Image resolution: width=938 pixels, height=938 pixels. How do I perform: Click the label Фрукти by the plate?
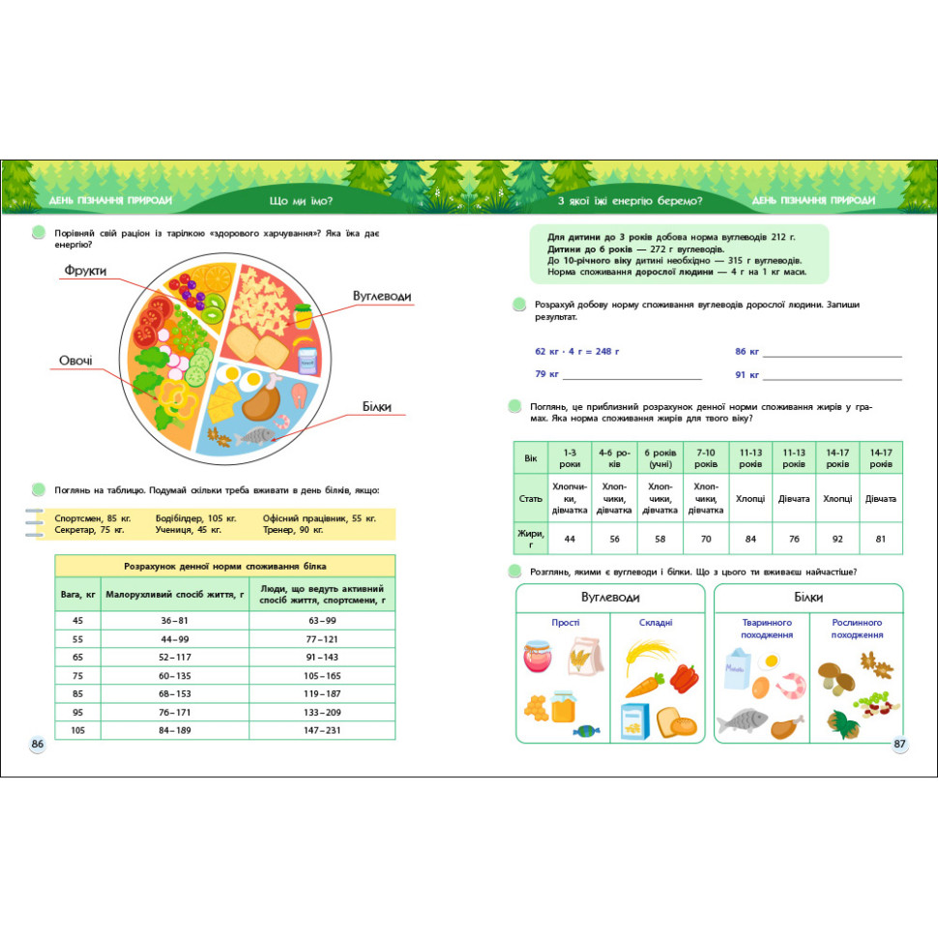click(85, 270)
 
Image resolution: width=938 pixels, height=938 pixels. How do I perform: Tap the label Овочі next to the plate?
click(76, 361)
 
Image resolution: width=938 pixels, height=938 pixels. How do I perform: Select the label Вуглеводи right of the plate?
click(382, 295)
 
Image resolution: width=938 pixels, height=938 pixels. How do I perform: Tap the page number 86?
click(38, 744)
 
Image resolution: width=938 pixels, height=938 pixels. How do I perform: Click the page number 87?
click(899, 744)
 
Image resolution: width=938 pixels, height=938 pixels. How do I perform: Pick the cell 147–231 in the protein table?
click(322, 730)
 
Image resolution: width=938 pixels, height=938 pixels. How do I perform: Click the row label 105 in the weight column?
click(78, 730)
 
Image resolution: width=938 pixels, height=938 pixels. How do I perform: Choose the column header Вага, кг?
click(78, 593)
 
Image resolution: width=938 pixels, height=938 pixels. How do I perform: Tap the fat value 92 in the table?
click(836, 538)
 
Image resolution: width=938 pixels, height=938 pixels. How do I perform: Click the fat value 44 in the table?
click(570, 538)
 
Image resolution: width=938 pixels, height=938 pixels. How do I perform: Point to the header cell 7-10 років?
click(706, 457)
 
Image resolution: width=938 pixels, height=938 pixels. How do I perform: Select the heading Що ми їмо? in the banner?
click(302, 201)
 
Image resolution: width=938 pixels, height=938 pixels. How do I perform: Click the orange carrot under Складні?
click(642, 686)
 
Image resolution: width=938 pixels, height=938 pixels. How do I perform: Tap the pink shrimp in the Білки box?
click(791, 686)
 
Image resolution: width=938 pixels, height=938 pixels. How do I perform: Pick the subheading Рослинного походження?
click(858, 630)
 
